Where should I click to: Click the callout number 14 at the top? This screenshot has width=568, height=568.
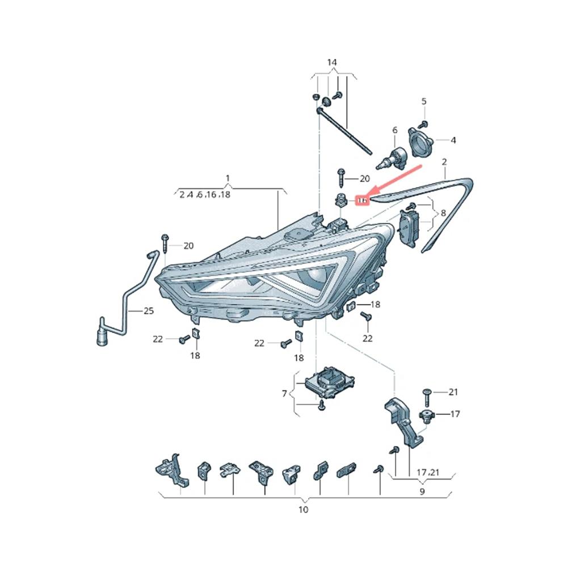(x=332, y=62)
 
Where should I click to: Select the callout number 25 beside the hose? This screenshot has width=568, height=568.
(x=148, y=311)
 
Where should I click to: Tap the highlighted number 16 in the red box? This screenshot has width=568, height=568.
(x=363, y=200)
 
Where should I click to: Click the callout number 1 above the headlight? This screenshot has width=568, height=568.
(x=227, y=179)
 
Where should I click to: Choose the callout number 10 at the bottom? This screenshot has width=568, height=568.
(x=303, y=510)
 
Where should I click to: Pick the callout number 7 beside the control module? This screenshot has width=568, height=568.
(x=284, y=393)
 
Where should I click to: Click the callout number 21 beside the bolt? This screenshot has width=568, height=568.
(x=453, y=392)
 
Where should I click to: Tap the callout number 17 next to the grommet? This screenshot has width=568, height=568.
(x=455, y=414)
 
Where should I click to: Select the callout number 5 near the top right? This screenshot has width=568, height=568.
(x=423, y=102)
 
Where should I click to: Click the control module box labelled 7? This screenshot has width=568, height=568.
(x=328, y=380)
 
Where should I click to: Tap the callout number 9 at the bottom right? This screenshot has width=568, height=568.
(x=422, y=492)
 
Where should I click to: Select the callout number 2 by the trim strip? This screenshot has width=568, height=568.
(x=445, y=162)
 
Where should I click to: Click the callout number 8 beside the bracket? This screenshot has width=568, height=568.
(x=443, y=213)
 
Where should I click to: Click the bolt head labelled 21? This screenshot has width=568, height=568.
(x=427, y=392)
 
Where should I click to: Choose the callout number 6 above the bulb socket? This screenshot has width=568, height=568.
(x=395, y=131)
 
